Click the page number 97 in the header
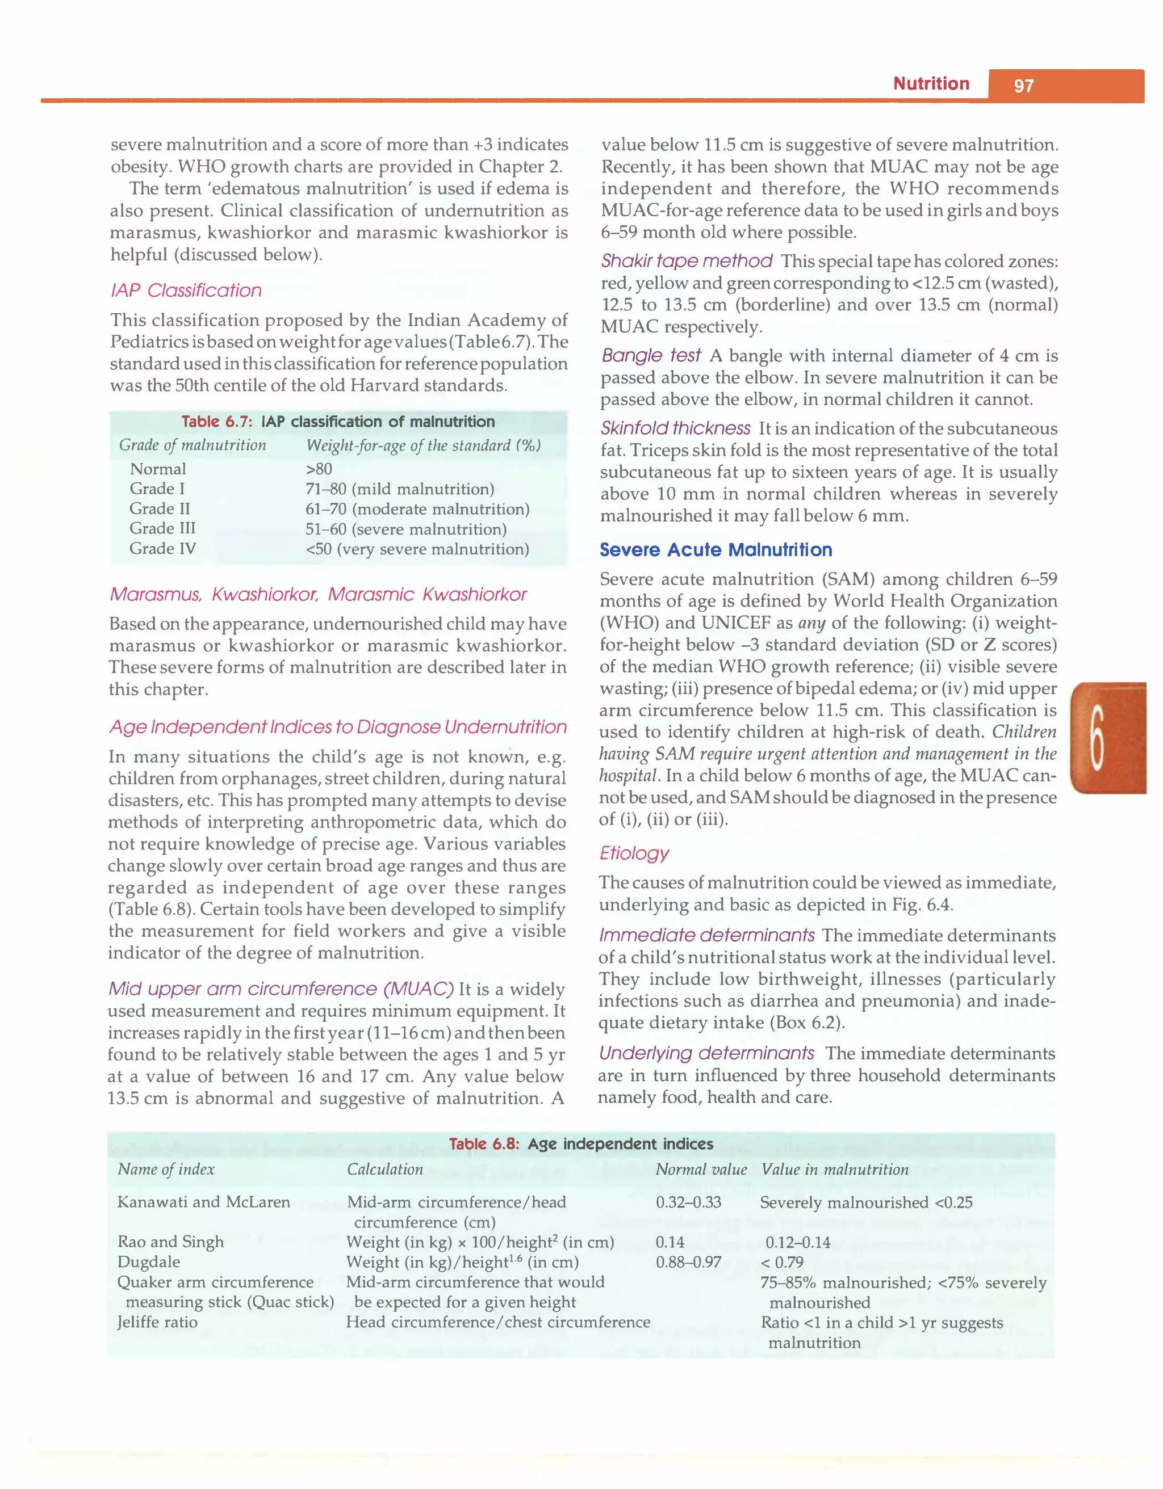point(1023,86)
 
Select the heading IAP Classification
point(186,291)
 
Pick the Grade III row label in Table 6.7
point(162,528)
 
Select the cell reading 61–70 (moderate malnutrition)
point(417,509)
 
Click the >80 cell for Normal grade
point(319,469)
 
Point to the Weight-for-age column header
point(423,445)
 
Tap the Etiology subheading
point(634,853)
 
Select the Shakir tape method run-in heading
point(686,261)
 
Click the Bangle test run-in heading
point(651,355)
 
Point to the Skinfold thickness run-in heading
point(675,428)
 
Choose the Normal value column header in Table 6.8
point(701,1170)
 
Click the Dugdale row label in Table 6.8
point(149,1262)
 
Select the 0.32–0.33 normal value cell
point(688,1202)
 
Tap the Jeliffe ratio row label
point(157,1322)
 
